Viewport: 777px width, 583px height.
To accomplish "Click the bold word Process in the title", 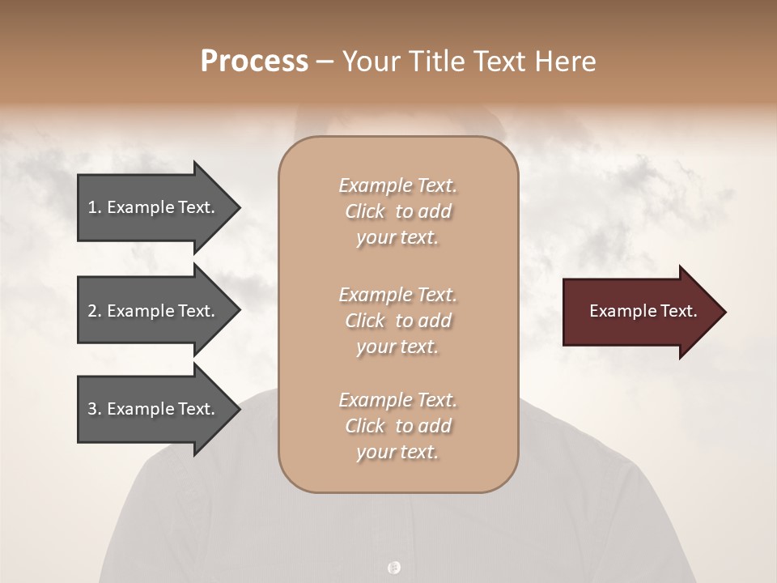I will [x=254, y=62].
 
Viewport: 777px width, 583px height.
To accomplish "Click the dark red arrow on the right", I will [x=639, y=311].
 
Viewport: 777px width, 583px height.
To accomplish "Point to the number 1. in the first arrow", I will [x=94, y=207].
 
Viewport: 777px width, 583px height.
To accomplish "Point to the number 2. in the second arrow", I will [x=94, y=311].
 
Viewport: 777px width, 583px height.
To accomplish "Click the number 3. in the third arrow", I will [x=94, y=409].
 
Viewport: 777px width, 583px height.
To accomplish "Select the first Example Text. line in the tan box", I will [x=397, y=185].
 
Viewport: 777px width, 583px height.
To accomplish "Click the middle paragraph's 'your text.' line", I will [x=397, y=347].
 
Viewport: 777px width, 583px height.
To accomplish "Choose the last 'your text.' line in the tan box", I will [x=397, y=452].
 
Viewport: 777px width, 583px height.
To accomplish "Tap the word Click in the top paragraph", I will [x=365, y=211].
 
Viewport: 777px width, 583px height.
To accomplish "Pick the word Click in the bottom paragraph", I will [x=365, y=426].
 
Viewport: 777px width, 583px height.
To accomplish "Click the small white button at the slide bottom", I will [x=394, y=568].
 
